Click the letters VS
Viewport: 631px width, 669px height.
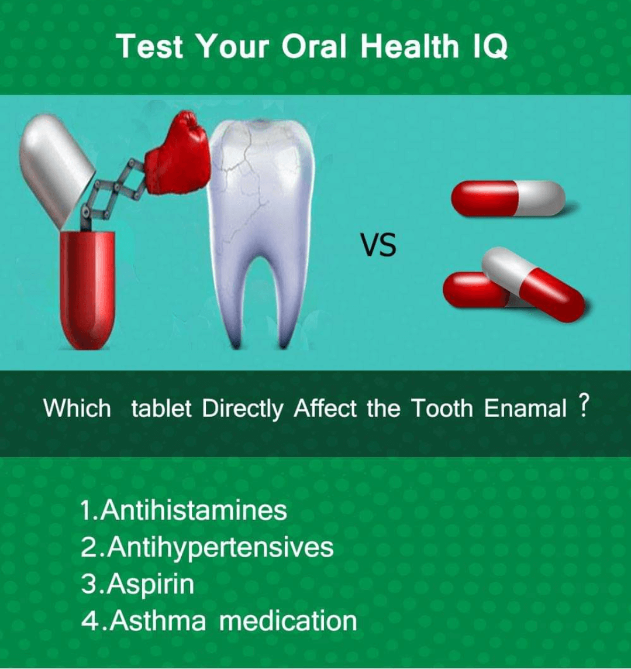(378, 245)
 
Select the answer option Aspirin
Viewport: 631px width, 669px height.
(137, 584)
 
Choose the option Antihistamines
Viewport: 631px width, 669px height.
(184, 510)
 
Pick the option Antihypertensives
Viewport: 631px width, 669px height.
(207, 547)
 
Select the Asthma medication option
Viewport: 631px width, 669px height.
(219, 620)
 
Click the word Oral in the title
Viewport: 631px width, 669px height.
(314, 46)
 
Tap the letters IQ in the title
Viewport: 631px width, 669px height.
(491, 46)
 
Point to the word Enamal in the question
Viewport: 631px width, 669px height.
(525, 408)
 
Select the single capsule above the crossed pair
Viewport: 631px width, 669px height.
(508, 198)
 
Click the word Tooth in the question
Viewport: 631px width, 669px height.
(442, 408)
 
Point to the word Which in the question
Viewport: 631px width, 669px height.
(77, 408)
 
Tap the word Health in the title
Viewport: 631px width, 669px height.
(410, 46)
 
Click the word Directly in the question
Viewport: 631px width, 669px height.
(242, 409)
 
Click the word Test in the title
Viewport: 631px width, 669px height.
(150, 46)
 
